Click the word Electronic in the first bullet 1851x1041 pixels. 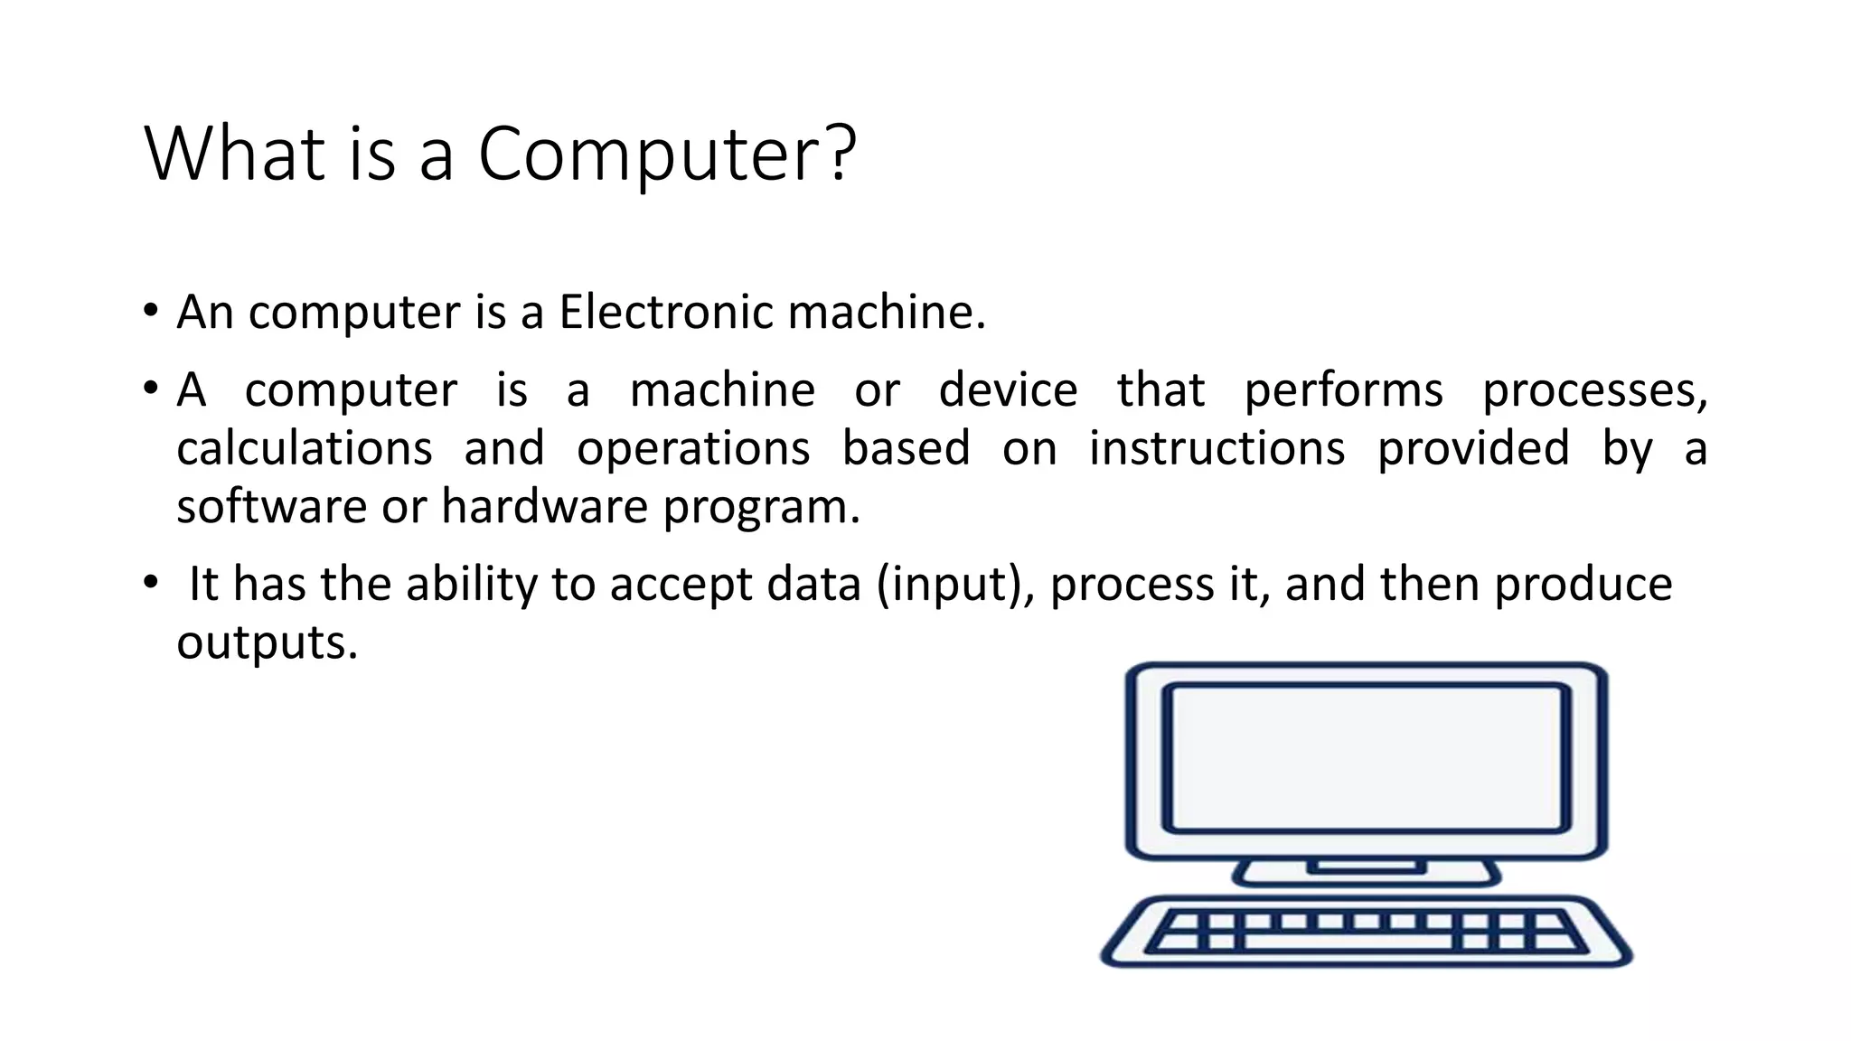[x=666, y=312]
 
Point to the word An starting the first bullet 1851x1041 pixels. [x=204, y=312]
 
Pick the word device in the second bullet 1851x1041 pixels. [x=1008, y=390]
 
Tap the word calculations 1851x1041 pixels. [x=305, y=448]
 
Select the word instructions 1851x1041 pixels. [x=1217, y=448]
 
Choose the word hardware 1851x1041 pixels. [x=544, y=506]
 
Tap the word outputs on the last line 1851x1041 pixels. [x=267, y=642]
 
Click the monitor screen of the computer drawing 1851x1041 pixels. [x=1366, y=757]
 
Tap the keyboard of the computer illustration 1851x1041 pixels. [x=1366, y=932]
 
